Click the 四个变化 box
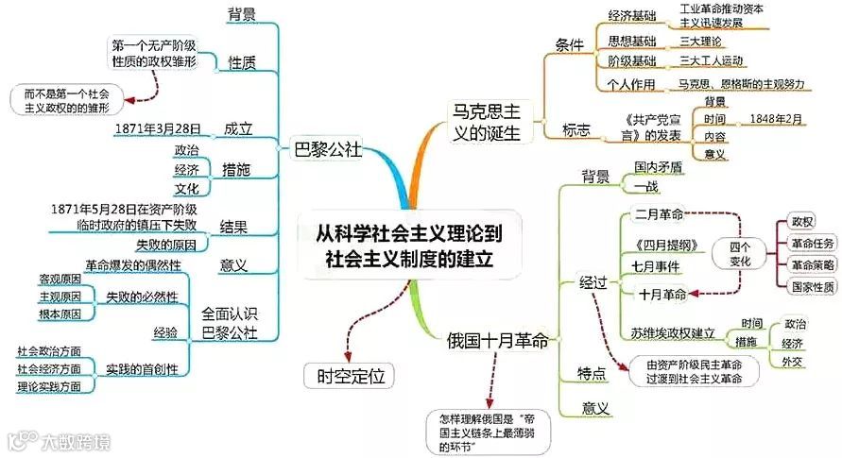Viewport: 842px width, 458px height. click(740, 251)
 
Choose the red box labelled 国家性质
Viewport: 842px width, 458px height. click(806, 285)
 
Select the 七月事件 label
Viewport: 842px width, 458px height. click(656, 267)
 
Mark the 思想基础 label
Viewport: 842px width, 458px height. click(631, 42)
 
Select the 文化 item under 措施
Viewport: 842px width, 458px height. click(186, 188)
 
